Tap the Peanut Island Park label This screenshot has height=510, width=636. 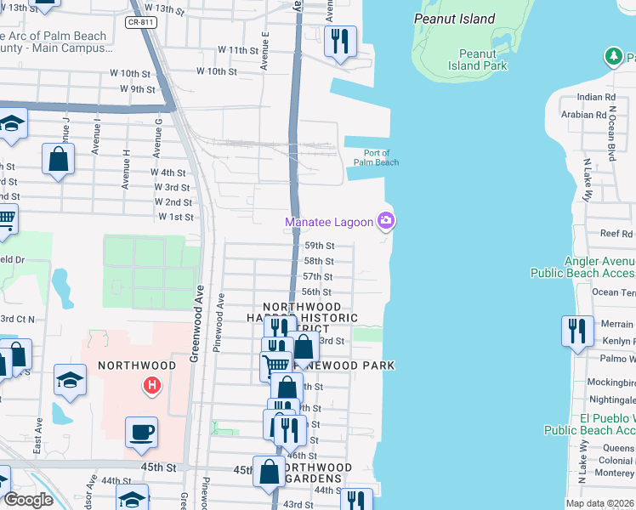coord(477,59)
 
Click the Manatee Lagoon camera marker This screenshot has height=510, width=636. coord(387,221)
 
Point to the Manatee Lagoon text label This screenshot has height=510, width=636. coord(329,222)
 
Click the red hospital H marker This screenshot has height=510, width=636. coord(152,386)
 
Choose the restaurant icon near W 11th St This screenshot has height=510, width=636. coord(340,40)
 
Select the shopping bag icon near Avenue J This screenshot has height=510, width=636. coord(58,159)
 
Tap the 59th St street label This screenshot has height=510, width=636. coord(319,246)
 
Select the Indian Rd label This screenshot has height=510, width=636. coord(595,98)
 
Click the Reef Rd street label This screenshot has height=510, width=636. coord(616,233)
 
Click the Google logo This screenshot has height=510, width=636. coord(28,500)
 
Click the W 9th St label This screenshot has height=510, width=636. coord(139,88)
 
